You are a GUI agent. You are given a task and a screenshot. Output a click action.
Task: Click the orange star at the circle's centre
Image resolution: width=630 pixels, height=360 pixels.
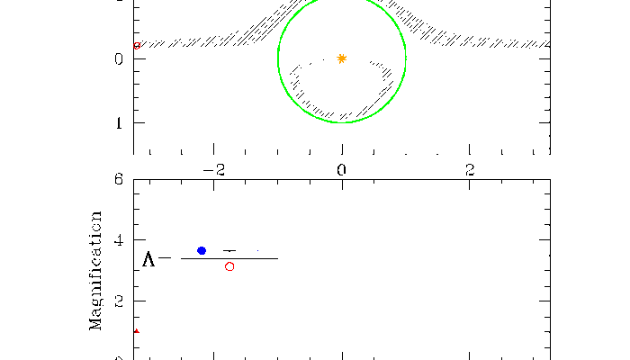[x=342, y=58]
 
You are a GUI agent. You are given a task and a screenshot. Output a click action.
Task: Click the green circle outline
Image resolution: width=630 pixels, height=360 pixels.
[x=278, y=58]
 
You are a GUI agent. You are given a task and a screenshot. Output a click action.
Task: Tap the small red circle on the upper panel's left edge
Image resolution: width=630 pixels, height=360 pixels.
[x=137, y=45]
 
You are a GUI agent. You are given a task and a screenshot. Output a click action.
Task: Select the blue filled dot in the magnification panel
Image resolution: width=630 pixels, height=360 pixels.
[x=202, y=250]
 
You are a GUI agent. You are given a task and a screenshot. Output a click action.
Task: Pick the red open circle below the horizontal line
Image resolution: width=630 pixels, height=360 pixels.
[x=229, y=266]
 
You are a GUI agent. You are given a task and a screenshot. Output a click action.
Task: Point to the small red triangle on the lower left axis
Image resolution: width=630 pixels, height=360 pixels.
[x=136, y=331]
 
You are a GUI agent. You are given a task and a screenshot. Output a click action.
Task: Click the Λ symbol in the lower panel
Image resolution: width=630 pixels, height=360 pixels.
[x=149, y=260]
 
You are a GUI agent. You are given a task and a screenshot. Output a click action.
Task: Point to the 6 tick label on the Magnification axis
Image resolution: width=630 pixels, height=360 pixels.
[x=119, y=179]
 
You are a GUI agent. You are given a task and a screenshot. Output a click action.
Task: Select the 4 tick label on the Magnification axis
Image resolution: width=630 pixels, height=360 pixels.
[x=119, y=241]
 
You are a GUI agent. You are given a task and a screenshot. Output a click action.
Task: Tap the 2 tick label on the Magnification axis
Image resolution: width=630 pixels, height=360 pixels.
[x=119, y=301]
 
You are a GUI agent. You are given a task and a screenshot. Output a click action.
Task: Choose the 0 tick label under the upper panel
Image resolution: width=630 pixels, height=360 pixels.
[x=342, y=169]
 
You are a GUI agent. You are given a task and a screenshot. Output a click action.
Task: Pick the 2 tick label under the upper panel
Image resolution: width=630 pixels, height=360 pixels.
[x=470, y=169]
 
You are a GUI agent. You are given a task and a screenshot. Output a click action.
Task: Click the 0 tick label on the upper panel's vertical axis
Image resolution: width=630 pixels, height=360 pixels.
[x=119, y=59]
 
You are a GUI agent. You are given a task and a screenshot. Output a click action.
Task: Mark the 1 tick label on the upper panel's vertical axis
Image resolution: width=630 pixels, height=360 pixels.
[x=119, y=123]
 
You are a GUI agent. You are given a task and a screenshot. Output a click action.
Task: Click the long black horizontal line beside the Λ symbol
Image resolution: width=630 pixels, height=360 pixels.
[x=229, y=258]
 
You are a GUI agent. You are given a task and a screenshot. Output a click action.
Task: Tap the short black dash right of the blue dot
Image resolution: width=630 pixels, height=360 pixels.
[x=229, y=250]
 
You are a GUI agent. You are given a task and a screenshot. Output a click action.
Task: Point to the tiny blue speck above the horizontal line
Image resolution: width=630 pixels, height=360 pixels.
[x=257, y=250]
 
